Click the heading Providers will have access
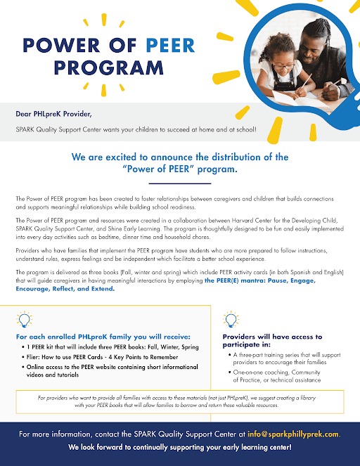[267, 341]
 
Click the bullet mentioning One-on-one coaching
[274, 376]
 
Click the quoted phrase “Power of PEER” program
[179, 171]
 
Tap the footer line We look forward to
[179, 447]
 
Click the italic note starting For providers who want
[179, 401]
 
